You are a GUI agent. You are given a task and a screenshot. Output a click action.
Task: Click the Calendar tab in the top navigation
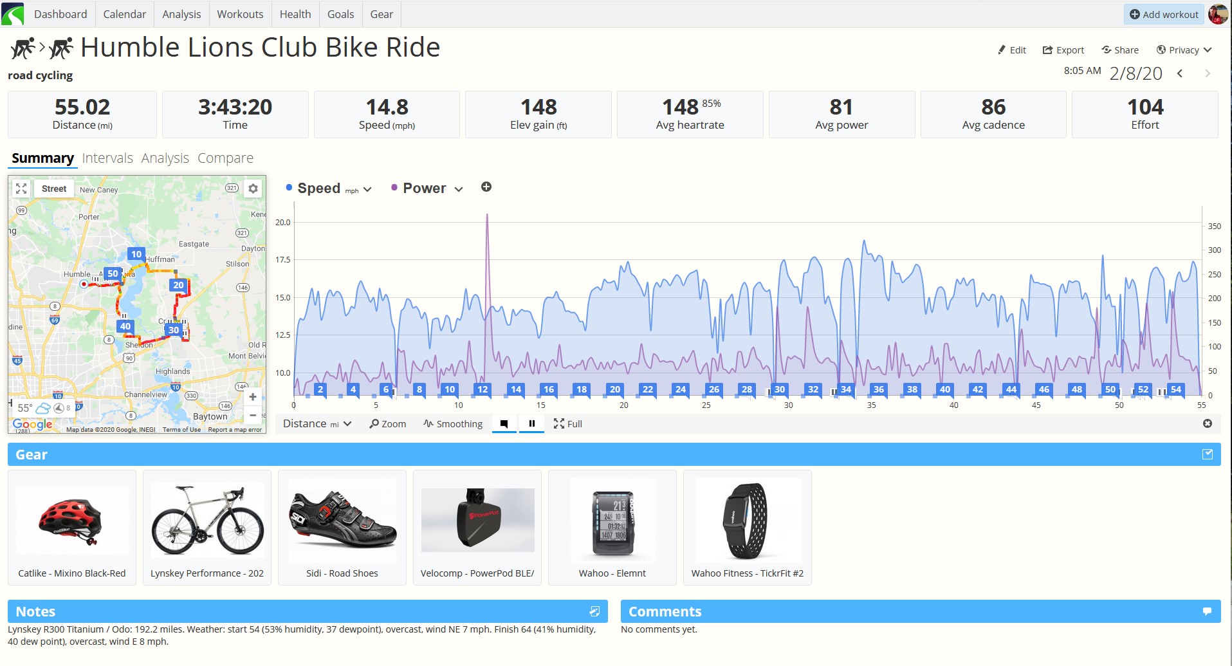pyautogui.click(x=124, y=14)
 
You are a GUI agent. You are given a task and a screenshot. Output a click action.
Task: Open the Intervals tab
pyautogui.click(x=107, y=158)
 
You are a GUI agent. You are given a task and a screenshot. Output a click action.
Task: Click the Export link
pyautogui.click(x=1063, y=50)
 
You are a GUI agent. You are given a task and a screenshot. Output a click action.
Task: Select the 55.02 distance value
pyautogui.click(x=82, y=107)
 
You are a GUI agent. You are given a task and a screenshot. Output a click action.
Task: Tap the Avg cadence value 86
pyautogui.click(x=993, y=107)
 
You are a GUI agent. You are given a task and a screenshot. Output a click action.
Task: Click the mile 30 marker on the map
pyautogui.click(x=174, y=330)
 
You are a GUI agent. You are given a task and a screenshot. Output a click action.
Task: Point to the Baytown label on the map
pyautogui.click(x=210, y=416)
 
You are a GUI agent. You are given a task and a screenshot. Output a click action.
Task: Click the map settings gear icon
pyautogui.click(x=253, y=189)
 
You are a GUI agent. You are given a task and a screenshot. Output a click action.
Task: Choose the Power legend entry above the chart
pyautogui.click(x=425, y=189)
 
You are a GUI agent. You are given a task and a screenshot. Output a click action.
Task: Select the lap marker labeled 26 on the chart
pyautogui.click(x=714, y=389)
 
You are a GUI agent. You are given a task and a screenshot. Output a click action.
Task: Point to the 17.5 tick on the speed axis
pyautogui.click(x=283, y=260)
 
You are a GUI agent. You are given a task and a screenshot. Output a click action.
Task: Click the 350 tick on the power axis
pyautogui.click(x=1214, y=227)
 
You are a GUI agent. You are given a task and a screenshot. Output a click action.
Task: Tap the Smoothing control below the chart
pyautogui.click(x=453, y=424)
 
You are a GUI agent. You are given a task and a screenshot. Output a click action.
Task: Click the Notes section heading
pyautogui.click(x=35, y=611)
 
